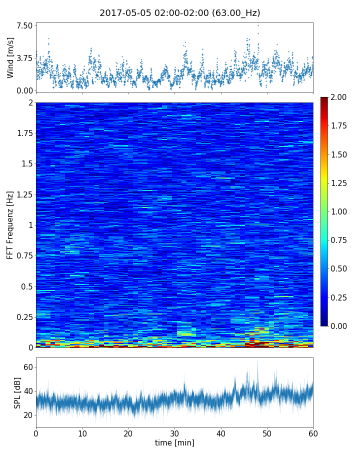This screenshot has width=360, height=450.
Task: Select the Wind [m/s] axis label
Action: (x=10, y=57)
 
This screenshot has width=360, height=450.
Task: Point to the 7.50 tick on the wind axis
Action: (x=24, y=25)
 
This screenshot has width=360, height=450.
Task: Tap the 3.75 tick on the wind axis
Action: (x=24, y=58)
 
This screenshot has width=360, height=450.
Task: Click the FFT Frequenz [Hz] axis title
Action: (x=10, y=224)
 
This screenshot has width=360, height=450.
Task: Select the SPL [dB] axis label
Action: (x=18, y=392)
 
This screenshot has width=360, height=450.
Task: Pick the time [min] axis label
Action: (x=174, y=442)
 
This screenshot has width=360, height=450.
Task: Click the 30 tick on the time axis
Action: (x=174, y=432)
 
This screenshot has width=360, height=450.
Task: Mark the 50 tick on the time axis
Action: (x=267, y=432)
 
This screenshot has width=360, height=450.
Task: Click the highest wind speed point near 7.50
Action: (x=258, y=25)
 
